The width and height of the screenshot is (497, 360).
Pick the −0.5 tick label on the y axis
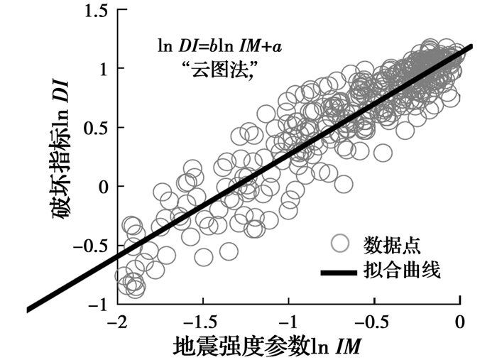coord(90,246)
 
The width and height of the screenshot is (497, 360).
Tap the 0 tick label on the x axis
coord(460,322)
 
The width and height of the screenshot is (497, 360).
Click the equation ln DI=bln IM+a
coord(225,48)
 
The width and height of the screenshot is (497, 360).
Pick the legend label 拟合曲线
coord(402,271)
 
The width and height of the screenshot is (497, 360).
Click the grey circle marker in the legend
coord(342,244)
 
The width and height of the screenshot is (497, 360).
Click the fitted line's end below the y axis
coord(28,309)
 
